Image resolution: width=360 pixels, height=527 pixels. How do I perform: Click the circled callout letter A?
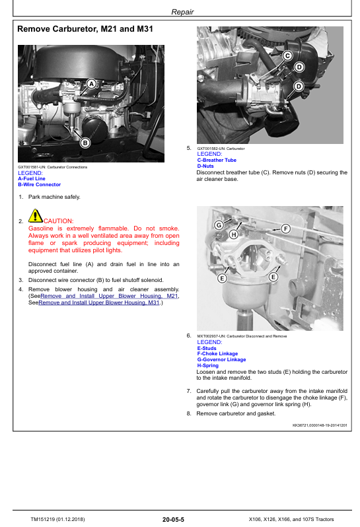91,84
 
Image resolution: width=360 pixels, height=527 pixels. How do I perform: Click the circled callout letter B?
85,143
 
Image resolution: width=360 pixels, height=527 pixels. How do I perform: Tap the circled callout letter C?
287,55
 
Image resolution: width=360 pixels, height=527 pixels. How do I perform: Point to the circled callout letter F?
286,229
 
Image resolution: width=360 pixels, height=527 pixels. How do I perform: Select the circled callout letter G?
219,225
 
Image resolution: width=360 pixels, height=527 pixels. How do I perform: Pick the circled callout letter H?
234,234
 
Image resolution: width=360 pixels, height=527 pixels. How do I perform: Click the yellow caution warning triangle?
35,216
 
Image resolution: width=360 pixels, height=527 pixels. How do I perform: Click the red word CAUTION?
59,221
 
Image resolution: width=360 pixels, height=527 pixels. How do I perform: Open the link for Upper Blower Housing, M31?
99,302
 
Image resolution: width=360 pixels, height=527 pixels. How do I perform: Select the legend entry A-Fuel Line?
32,179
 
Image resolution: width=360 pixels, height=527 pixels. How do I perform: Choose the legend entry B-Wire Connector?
40,184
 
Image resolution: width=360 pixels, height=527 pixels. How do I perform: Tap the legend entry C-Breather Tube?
217,160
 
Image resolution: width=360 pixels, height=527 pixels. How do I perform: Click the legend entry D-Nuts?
205,166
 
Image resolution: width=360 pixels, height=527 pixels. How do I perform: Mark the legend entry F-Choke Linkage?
217,353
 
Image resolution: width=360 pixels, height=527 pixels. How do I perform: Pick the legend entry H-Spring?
207,365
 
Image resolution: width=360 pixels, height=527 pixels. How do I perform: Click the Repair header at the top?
182,12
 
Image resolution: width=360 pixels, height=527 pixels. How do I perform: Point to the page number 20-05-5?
173,519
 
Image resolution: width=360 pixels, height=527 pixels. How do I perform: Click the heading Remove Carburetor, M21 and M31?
85,29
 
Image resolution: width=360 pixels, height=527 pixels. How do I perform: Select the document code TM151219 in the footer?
43,519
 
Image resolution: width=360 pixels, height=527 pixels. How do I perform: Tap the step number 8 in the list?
188,413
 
